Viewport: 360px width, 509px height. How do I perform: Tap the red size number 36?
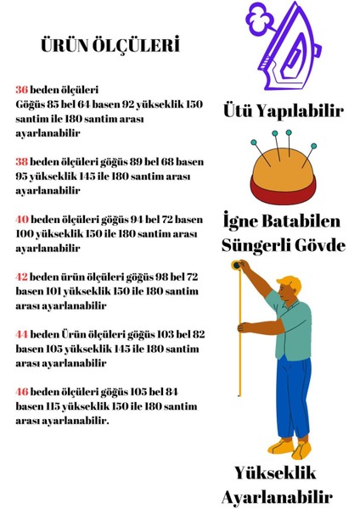pyautogui.click(x=21, y=89)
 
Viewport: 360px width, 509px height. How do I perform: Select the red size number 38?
pyautogui.click(x=21, y=159)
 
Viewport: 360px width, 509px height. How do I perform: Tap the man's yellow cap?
pyautogui.click(x=290, y=282)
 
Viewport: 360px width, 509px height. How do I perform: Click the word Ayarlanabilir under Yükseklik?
pyautogui.click(x=277, y=496)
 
